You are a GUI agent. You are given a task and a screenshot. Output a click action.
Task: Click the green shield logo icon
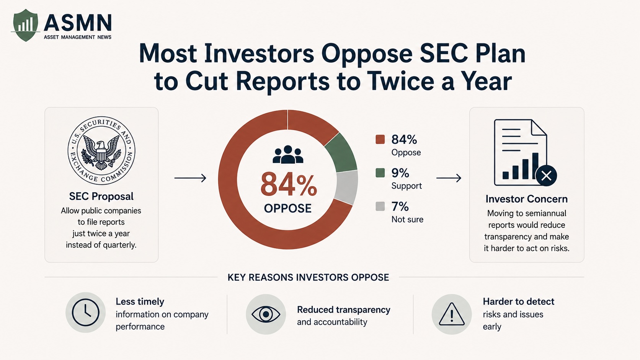(x=25, y=25)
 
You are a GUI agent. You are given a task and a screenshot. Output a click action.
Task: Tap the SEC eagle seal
(x=101, y=150)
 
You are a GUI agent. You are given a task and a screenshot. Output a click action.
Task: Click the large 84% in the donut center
(x=289, y=184)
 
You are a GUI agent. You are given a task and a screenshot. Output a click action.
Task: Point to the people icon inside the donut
(x=288, y=155)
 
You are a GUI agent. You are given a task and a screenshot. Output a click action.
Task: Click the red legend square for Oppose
(x=380, y=139)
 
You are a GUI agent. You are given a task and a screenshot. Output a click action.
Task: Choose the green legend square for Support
(x=380, y=173)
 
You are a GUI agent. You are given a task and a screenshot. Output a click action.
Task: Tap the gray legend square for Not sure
(x=380, y=206)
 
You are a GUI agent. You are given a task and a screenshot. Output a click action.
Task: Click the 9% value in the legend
(x=400, y=173)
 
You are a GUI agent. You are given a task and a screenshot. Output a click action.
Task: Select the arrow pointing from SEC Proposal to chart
(x=190, y=178)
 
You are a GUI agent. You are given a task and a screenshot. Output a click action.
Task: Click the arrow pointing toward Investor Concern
(x=449, y=178)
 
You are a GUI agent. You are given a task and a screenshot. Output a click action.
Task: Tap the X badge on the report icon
(x=546, y=176)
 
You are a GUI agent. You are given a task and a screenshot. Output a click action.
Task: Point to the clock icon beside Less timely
(x=85, y=313)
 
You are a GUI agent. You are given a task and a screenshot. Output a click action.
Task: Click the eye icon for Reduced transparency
(x=266, y=314)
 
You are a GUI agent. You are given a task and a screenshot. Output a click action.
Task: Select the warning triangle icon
(x=451, y=314)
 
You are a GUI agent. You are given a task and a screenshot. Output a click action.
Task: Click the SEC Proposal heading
(x=101, y=196)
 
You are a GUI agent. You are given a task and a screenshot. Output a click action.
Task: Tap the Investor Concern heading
(x=527, y=199)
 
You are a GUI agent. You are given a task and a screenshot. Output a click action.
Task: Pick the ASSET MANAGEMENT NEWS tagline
(x=77, y=37)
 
